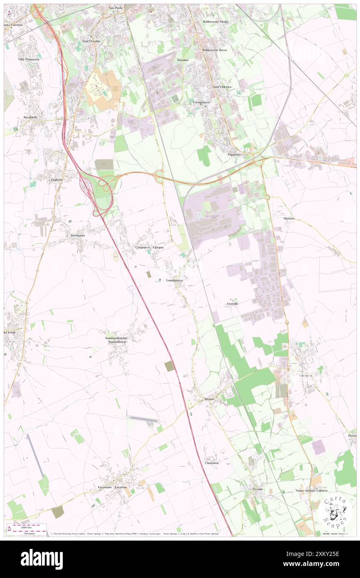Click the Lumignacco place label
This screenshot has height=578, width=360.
175,280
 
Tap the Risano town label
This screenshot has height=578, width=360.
209,399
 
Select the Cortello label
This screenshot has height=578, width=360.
233,304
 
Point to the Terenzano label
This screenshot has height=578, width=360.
77,235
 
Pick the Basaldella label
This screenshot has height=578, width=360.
31,117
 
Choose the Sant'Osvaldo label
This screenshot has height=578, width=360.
91,41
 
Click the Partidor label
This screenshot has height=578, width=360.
183,60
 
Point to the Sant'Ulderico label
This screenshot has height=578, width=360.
222,86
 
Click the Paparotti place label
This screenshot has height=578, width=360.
234,155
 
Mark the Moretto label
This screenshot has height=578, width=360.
289,218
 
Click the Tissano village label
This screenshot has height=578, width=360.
258,489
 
